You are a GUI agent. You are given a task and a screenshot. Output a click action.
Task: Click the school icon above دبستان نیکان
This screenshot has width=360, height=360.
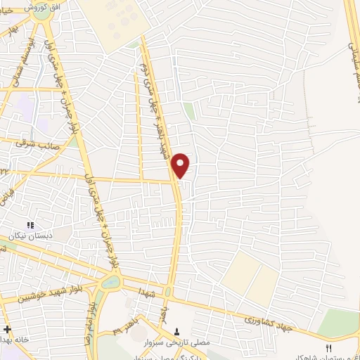tap(30, 224)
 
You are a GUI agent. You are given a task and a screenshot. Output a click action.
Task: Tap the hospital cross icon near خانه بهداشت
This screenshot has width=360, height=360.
tap(7, 329)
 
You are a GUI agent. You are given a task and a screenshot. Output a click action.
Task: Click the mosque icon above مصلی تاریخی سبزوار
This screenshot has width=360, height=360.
tap(176, 329)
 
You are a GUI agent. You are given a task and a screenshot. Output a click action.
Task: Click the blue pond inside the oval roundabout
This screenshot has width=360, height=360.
tap(111, 283)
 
